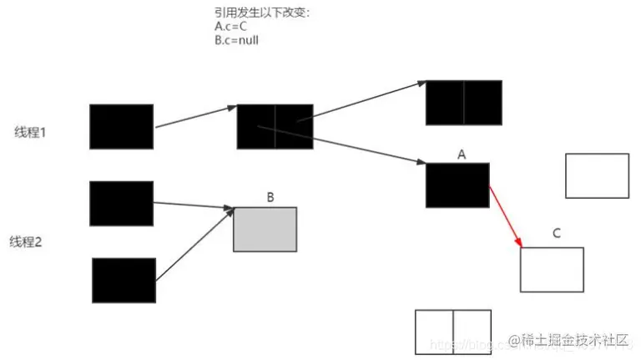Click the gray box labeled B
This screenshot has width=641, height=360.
(x=265, y=230)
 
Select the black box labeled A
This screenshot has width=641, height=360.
(x=457, y=185)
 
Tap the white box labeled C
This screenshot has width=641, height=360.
(x=551, y=269)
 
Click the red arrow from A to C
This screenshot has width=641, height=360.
(x=505, y=216)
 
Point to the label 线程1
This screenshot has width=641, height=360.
(x=29, y=132)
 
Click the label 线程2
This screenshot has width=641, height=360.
(x=26, y=242)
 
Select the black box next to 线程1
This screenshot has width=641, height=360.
(x=121, y=127)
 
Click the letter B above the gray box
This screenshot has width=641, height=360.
(x=270, y=197)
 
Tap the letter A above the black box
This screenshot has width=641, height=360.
(x=462, y=154)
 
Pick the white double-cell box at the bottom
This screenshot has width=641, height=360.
(x=452, y=332)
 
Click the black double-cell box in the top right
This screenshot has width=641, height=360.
(x=464, y=103)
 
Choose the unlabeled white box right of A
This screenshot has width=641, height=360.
(x=597, y=175)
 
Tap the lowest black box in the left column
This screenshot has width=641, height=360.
(x=124, y=280)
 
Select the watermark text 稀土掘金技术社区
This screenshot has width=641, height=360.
(x=573, y=341)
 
